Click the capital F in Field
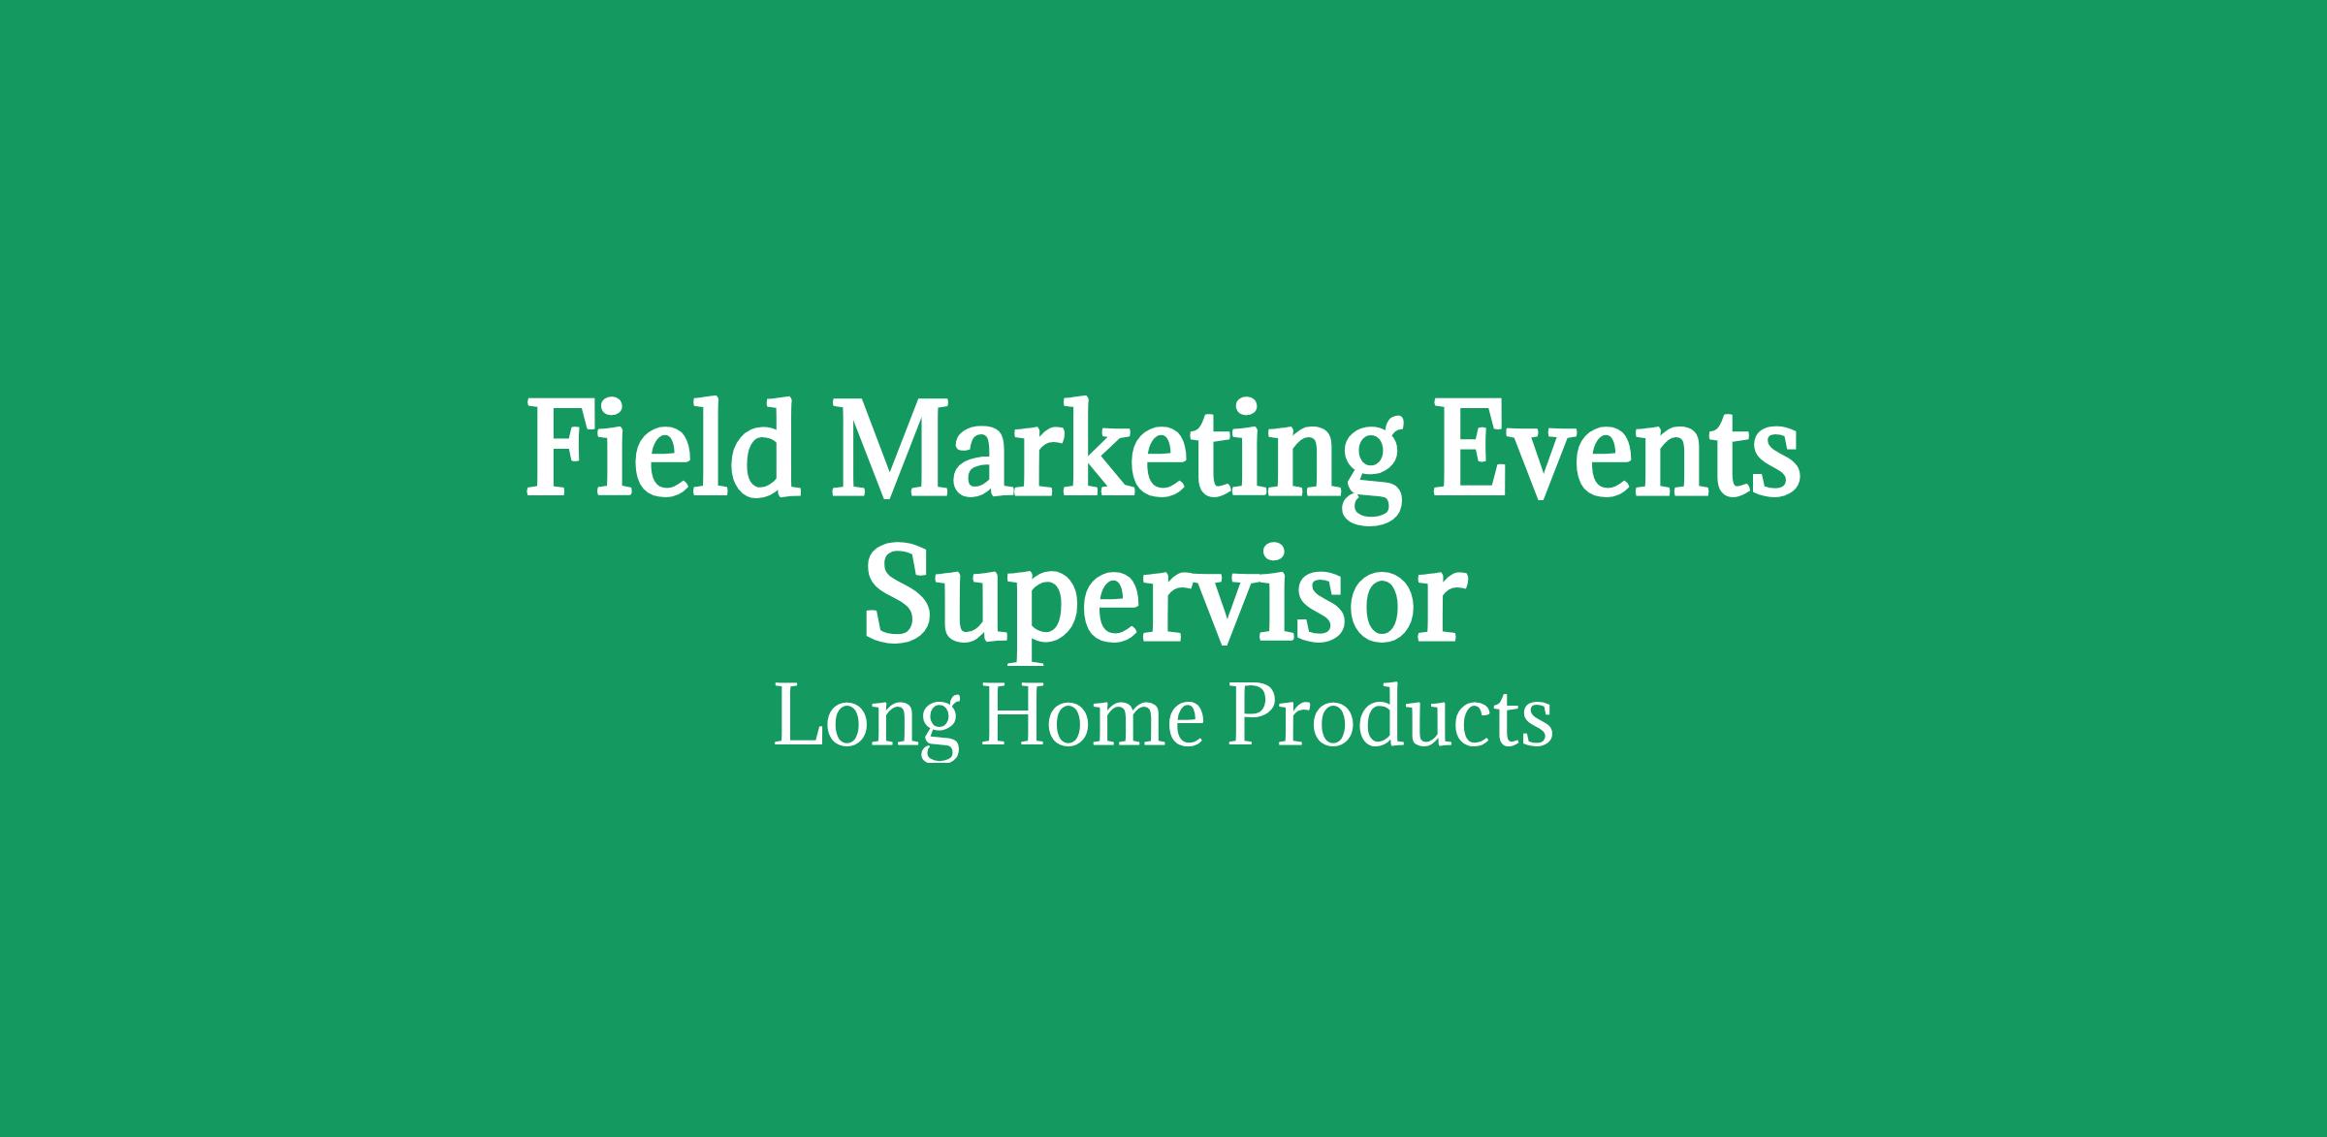click(562, 450)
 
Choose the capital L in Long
click(799, 717)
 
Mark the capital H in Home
click(1012, 717)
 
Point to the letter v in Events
click(1559, 464)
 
